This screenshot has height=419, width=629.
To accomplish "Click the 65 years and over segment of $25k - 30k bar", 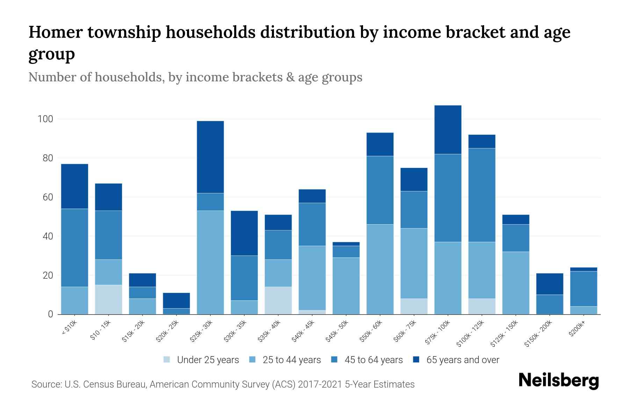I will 210,157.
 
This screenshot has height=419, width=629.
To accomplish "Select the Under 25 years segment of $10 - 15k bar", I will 108,300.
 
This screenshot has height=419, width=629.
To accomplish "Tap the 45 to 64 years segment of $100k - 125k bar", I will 482,195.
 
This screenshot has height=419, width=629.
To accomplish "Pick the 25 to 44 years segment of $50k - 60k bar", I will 380,269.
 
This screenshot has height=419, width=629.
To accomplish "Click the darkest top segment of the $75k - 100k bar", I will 448,130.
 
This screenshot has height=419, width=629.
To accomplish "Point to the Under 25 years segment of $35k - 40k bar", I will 278,300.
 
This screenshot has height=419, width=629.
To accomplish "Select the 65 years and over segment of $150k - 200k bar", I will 550,284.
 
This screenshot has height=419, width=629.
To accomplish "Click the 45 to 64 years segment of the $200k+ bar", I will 584,289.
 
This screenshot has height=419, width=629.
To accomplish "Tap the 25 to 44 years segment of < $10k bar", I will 74,300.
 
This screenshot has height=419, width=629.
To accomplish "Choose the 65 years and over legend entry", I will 456,360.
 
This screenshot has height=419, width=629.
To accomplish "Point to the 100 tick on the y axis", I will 45,119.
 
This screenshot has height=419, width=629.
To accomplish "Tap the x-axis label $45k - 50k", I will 337,331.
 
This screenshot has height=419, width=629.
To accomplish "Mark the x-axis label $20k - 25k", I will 167,331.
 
